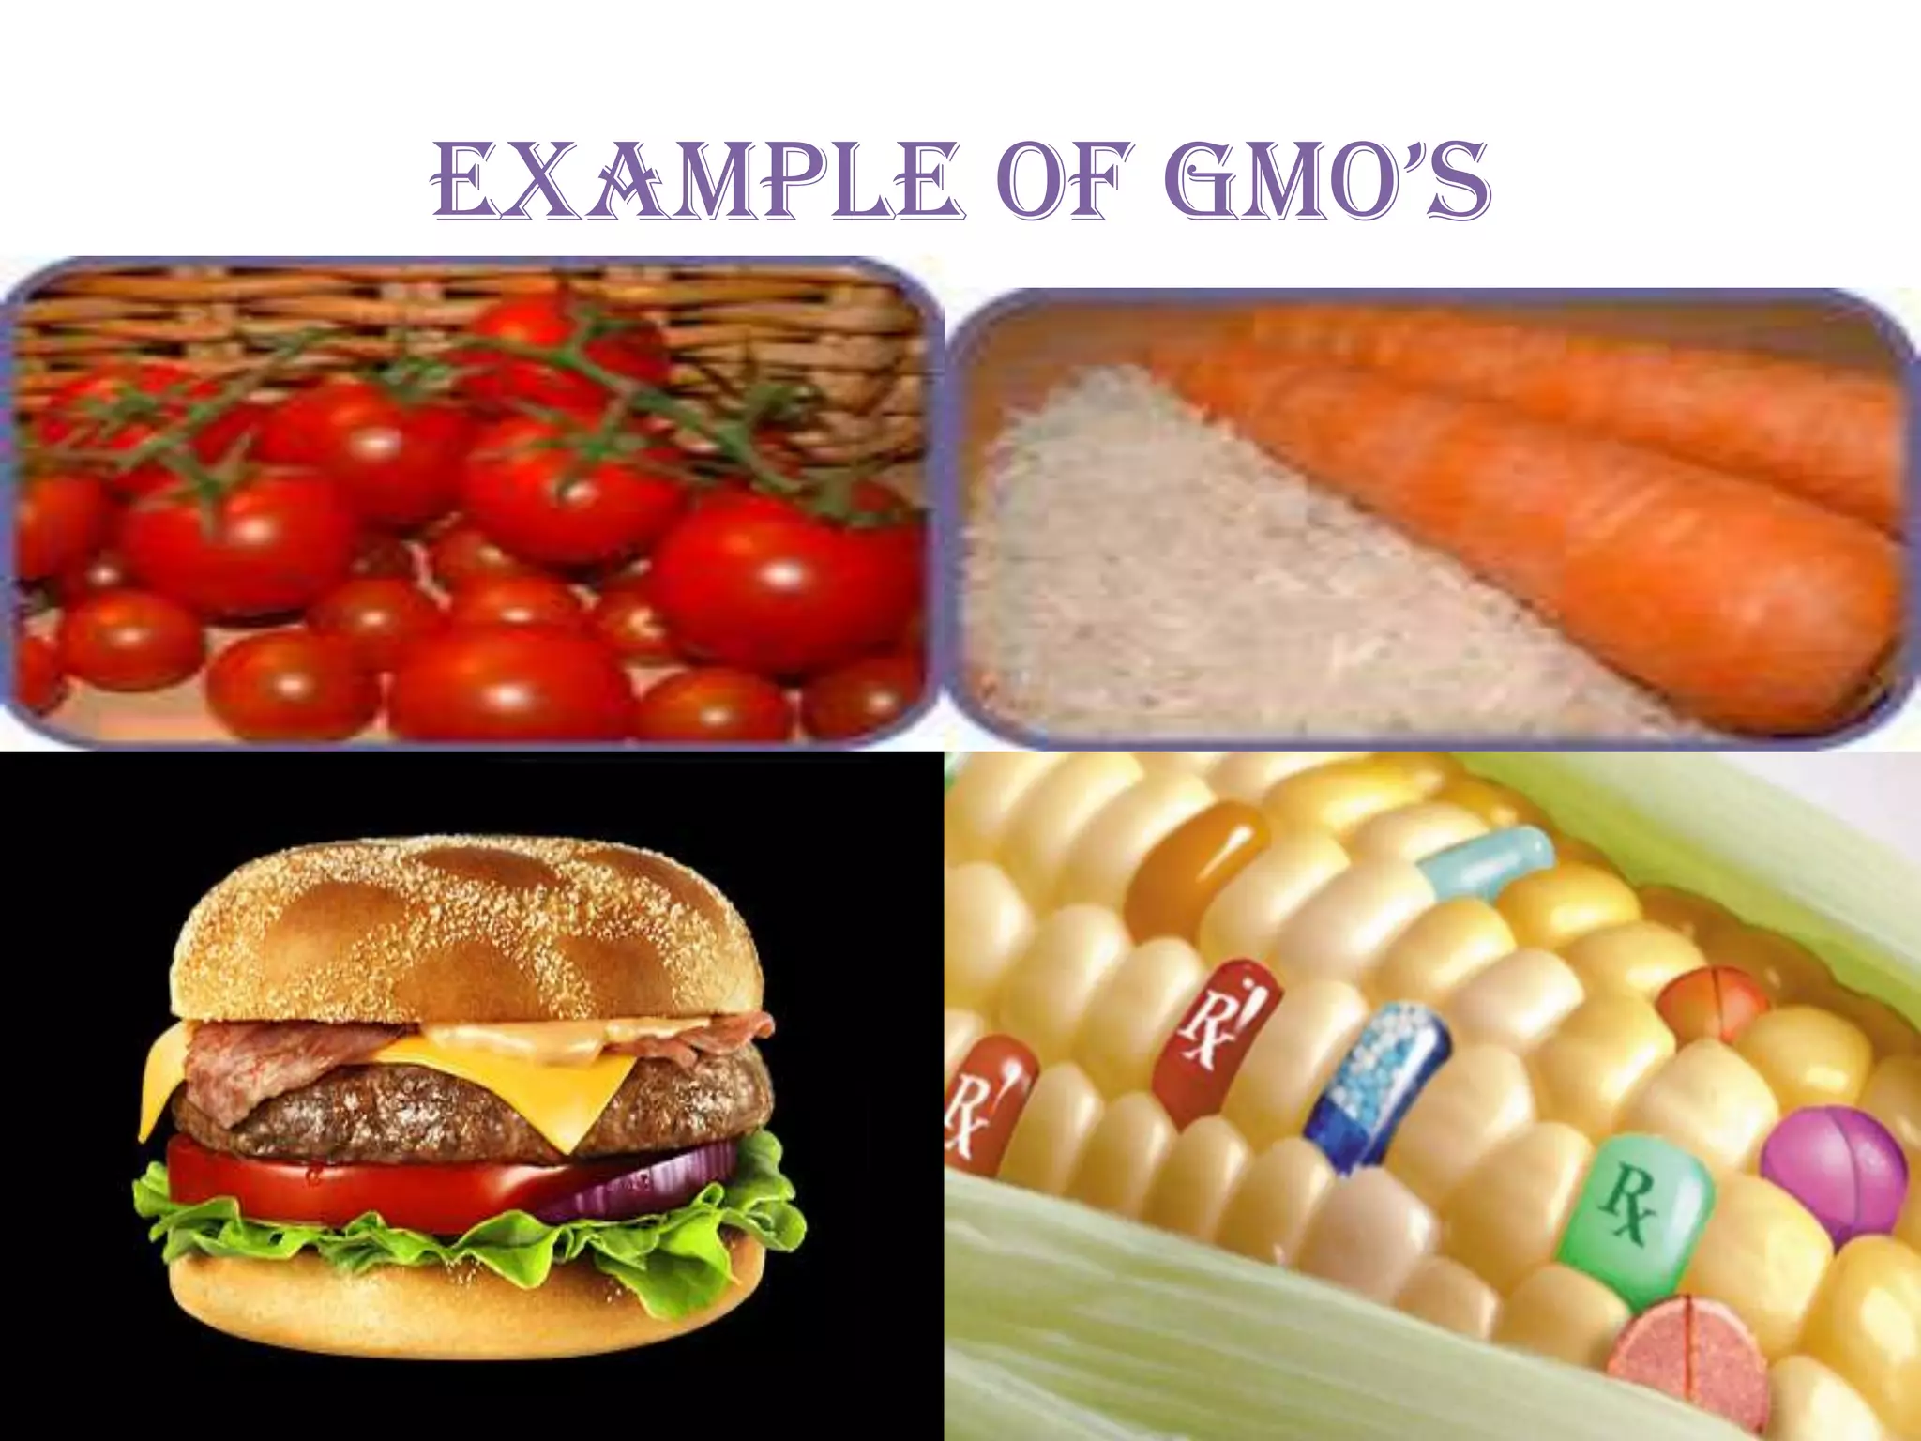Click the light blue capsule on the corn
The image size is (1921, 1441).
tap(1488, 861)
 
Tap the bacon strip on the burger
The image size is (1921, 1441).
tap(281, 1046)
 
